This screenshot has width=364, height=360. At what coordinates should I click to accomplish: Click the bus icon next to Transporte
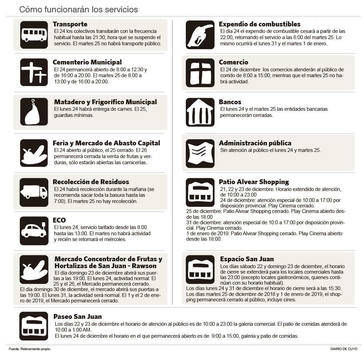[x=34, y=35]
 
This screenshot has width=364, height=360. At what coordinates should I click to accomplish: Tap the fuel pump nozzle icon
[x=200, y=35]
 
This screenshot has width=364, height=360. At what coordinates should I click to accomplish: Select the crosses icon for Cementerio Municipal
[x=34, y=72]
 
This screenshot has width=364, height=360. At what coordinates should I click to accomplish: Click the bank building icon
[x=200, y=112]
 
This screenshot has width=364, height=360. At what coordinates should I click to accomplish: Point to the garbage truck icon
[x=34, y=192]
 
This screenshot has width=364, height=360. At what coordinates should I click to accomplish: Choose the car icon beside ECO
[x=34, y=231]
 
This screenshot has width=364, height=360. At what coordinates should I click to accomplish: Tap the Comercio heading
[x=233, y=62]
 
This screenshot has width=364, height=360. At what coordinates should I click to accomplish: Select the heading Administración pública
[x=255, y=143]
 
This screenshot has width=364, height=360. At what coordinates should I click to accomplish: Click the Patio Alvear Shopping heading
[x=254, y=182]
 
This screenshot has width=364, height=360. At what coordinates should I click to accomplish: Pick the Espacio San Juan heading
[x=247, y=259]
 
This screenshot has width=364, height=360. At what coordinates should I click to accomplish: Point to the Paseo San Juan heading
[x=77, y=317]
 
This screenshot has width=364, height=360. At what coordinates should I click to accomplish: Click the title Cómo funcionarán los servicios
[x=78, y=10]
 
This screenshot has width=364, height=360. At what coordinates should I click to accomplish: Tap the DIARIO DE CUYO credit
[x=344, y=349]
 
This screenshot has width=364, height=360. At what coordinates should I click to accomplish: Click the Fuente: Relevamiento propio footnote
[x=29, y=349]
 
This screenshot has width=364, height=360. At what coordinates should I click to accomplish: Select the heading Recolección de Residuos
[x=91, y=182]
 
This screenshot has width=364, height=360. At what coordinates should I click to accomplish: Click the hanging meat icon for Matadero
[x=34, y=112]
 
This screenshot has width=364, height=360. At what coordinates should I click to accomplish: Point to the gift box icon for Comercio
[x=200, y=72]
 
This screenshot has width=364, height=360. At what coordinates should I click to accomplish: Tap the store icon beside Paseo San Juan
[x=34, y=326]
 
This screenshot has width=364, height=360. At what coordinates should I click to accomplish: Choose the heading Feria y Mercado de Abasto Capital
[x=106, y=143]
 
